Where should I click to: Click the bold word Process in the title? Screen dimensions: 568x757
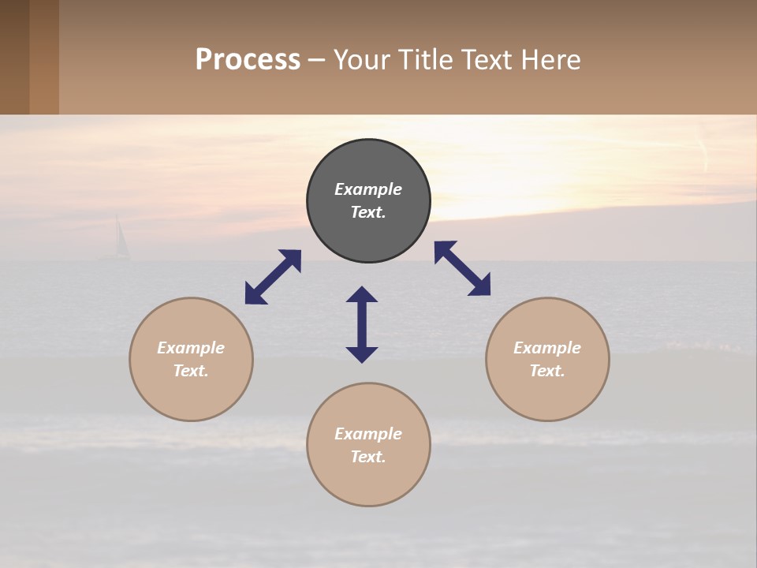click(248, 60)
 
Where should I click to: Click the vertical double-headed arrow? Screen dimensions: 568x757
click(362, 324)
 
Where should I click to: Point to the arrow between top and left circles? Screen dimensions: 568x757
click(273, 277)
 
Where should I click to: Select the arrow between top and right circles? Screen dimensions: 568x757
click(462, 268)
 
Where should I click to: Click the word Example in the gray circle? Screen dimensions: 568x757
click(368, 189)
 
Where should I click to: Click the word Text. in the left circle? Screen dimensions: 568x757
click(191, 371)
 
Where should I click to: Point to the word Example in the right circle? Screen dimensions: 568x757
click(547, 348)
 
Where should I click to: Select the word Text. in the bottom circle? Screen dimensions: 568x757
click(368, 457)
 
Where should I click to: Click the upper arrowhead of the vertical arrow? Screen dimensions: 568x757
click(362, 294)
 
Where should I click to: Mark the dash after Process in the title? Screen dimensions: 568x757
click(317, 60)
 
